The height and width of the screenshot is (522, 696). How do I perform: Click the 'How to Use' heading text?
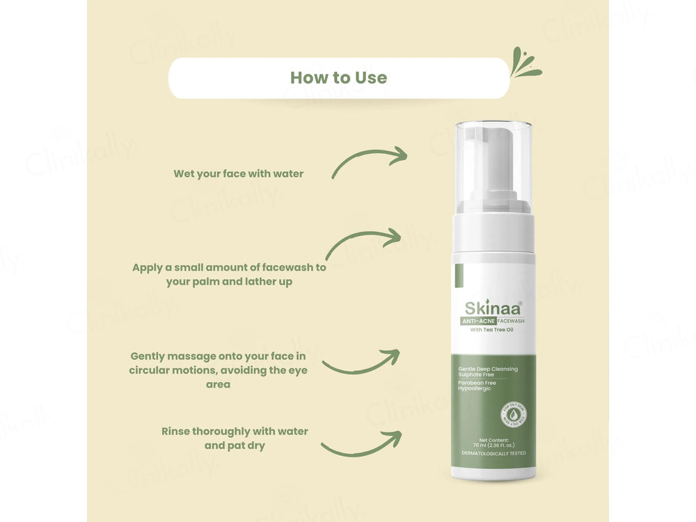coord(338,77)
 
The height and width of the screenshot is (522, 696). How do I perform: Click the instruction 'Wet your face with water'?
coord(239,173)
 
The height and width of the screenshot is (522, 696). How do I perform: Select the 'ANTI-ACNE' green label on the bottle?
coord(473,321)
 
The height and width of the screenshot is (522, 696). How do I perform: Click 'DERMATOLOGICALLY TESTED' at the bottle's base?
coord(493,453)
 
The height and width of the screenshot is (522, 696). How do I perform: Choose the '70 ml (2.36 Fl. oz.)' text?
coord(493,445)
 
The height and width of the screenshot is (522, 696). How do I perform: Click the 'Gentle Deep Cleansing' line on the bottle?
coord(487,369)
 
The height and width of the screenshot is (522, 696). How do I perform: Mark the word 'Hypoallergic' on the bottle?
coord(474,388)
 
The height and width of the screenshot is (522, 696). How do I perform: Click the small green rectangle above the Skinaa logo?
coord(459,276)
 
